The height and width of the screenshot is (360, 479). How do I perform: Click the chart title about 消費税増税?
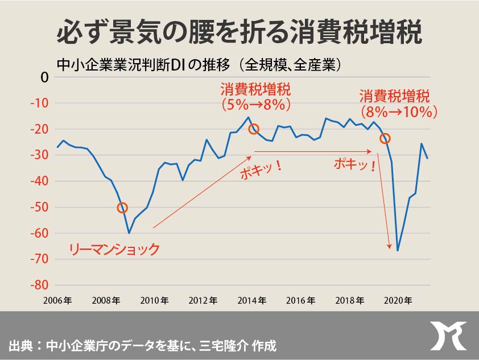(239, 32)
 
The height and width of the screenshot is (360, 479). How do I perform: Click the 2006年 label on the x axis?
(57, 300)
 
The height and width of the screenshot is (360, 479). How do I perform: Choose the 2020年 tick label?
(398, 300)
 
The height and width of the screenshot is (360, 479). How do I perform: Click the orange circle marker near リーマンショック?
(122, 208)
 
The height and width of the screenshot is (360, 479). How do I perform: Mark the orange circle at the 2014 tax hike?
(254, 129)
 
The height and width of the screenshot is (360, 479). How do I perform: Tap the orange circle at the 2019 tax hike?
(385, 138)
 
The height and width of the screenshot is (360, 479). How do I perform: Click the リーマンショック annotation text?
(114, 249)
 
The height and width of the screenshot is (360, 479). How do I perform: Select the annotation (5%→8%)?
(256, 105)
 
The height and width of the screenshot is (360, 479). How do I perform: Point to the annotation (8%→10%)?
(399, 112)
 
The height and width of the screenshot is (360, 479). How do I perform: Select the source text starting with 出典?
(142, 345)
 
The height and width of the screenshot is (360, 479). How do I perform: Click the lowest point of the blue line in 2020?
(398, 251)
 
